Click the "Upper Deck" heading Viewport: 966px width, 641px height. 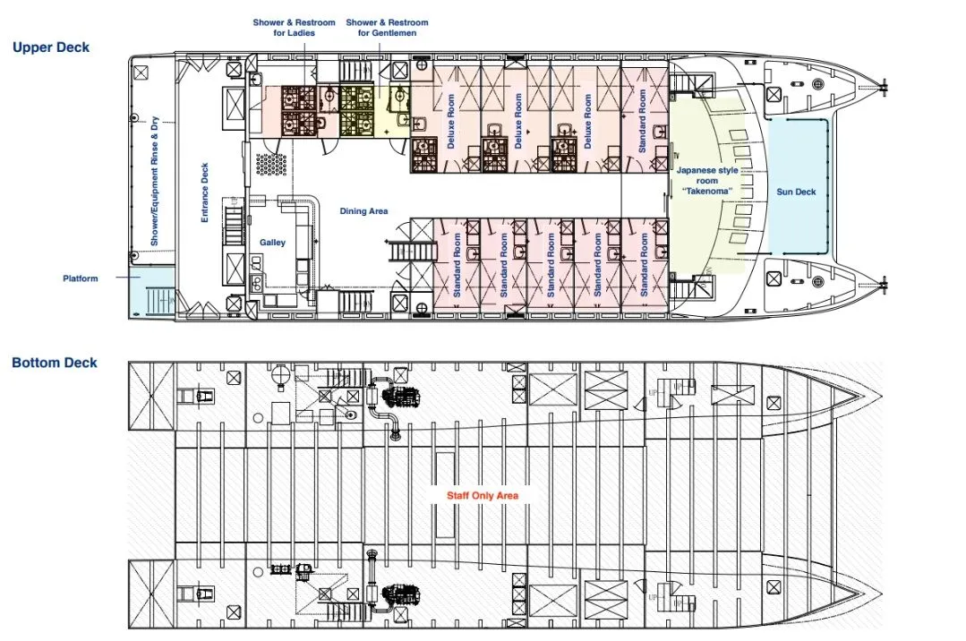click(x=51, y=47)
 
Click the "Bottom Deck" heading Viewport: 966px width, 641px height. click(x=55, y=363)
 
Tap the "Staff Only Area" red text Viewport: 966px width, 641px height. click(x=483, y=496)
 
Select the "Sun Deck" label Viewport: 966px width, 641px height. click(x=796, y=192)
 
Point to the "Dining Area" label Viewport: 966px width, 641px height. click(x=363, y=210)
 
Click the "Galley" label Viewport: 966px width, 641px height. click(x=272, y=243)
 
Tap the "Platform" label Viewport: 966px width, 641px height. click(x=80, y=278)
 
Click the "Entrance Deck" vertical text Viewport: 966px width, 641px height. click(x=205, y=192)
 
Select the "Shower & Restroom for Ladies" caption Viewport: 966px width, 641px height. click(x=294, y=28)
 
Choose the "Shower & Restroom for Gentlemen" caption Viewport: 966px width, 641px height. click(x=387, y=28)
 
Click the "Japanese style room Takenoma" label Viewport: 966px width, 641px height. click(x=707, y=181)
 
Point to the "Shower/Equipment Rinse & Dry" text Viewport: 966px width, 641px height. click(x=154, y=181)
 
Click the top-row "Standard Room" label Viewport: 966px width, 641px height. click(x=642, y=121)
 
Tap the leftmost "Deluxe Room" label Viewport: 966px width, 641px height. click(x=450, y=121)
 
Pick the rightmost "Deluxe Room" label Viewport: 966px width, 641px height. click(x=587, y=121)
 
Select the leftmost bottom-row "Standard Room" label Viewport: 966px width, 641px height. click(x=457, y=265)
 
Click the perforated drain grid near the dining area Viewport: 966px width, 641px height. click(x=271, y=165)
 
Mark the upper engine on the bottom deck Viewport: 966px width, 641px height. click(x=400, y=397)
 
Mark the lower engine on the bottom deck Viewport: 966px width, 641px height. click(x=400, y=595)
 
